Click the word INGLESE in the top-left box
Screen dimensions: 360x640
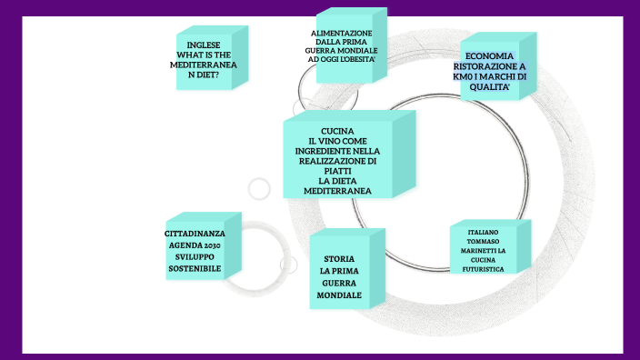point(204,45)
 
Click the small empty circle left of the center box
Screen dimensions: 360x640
point(260,188)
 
